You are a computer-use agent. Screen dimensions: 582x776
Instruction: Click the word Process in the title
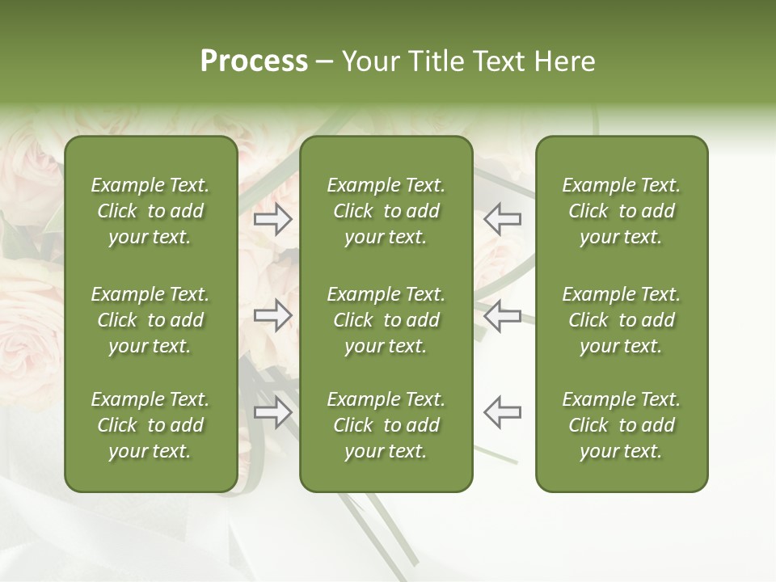coord(254,61)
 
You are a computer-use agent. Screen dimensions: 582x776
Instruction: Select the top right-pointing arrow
coord(273,219)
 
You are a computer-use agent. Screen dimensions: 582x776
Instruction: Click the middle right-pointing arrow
coord(273,316)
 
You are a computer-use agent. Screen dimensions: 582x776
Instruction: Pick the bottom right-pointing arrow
coord(273,412)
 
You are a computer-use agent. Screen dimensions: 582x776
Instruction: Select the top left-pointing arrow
coord(503,219)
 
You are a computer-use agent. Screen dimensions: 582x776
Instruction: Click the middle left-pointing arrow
coord(503,316)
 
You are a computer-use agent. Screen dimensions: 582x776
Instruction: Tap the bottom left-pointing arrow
coord(503,412)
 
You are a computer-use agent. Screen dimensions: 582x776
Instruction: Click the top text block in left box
coord(150,211)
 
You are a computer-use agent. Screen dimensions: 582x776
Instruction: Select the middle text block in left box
coord(150,320)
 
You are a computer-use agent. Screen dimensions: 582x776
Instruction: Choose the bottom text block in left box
coord(150,425)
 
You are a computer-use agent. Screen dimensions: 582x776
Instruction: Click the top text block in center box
coord(386,211)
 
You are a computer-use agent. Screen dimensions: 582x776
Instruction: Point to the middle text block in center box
coord(386,320)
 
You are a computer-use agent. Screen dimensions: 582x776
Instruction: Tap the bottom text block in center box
coord(386,425)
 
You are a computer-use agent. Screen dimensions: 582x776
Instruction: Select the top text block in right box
coord(622,211)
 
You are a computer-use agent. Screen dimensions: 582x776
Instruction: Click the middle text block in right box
coord(622,320)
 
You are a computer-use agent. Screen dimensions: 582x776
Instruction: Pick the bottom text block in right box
coord(622,425)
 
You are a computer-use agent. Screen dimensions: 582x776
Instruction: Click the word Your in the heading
coord(370,61)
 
